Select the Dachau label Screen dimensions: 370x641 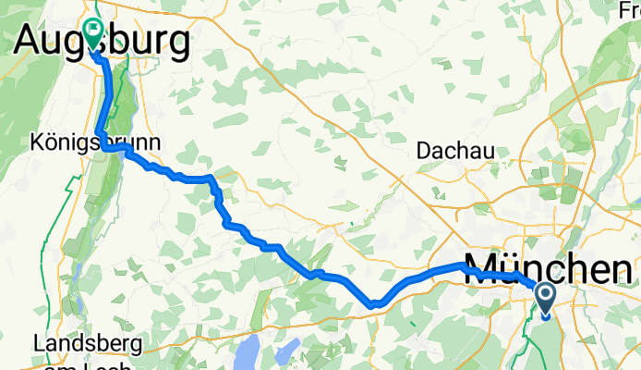click(455, 149)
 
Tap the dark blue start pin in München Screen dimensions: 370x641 click(545, 299)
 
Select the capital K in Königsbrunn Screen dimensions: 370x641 click(36, 143)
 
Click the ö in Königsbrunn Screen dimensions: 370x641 click(49, 143)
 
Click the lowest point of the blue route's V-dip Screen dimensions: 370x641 click(373, 302)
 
